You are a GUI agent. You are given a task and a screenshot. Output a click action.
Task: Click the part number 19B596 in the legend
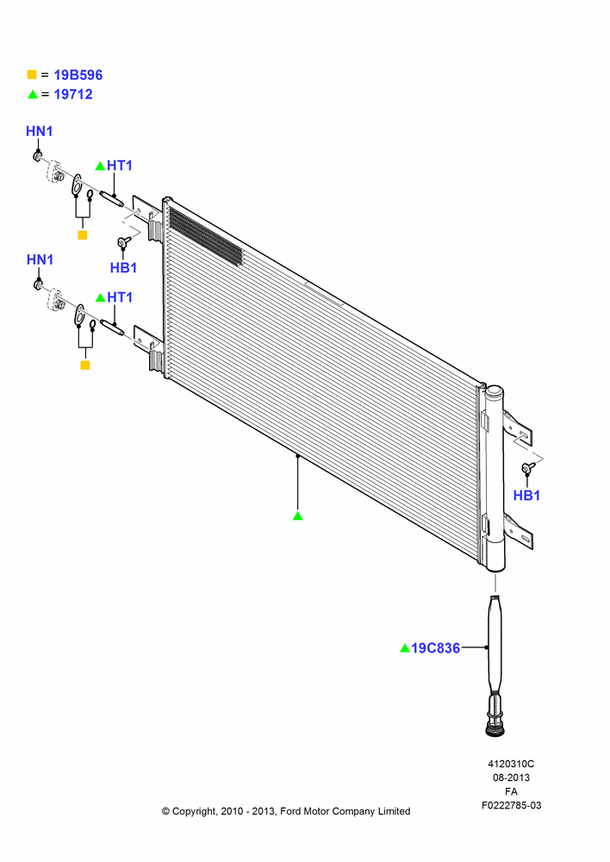[78, 75]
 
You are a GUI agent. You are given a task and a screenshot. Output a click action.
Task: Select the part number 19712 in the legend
[73, 94]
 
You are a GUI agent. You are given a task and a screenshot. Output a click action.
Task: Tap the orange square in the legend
[32, 75]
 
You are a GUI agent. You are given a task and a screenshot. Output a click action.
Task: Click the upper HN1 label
[40, 131]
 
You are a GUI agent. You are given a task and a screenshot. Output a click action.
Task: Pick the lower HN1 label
[40, 259]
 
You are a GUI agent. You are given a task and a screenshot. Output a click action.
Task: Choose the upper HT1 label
[119, 166]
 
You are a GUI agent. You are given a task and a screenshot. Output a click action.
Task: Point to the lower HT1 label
[119, 297]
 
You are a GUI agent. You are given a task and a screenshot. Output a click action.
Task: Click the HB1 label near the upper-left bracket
[124, 268]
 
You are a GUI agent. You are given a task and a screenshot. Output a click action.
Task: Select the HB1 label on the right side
[526, 496]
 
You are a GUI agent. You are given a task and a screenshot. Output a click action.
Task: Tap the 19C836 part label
[435, 648]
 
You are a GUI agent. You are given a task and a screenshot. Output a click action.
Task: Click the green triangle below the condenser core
[298, 515]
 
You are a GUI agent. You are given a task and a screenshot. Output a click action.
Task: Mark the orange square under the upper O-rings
[83, 235]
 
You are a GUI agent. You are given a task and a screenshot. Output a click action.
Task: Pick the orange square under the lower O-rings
[85, 365]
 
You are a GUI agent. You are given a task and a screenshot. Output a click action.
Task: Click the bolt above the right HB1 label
[528, 467]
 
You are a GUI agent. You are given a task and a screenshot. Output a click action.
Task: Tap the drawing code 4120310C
[511, 764]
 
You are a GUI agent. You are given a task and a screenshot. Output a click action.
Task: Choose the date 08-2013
[511, 778]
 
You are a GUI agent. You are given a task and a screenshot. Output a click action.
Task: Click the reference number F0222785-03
[511, 805]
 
